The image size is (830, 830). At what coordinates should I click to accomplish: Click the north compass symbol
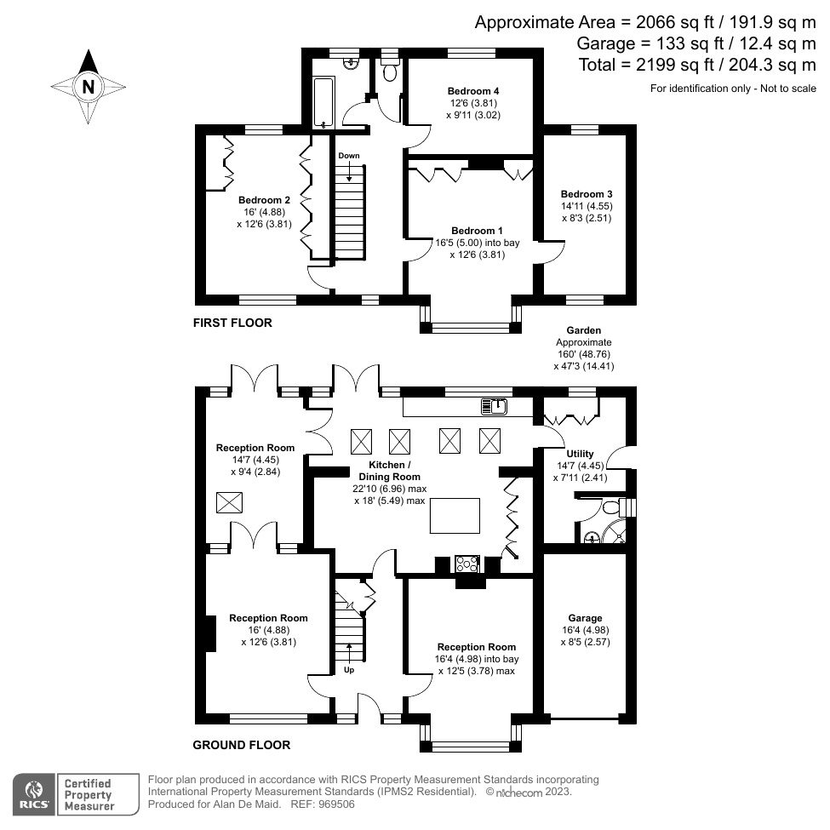[x=88, y=86]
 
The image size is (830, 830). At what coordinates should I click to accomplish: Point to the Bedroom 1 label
[x=477, y=231]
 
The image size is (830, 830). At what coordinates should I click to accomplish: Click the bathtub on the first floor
[x=321, y=101]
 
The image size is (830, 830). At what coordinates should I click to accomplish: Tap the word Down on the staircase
[x=349, y=156]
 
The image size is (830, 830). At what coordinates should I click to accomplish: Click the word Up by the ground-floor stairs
[x=348, y=670]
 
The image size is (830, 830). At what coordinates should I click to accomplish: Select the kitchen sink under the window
[x=494, y=407]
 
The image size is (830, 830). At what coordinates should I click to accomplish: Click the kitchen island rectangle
[x=457, y=517]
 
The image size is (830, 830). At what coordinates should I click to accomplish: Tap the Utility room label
[x=580, y=454]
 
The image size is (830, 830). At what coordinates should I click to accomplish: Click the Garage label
[x=585, y=618]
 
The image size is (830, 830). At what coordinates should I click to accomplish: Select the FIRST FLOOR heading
[x=232, y=323]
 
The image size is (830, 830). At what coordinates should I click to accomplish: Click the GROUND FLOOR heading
[x=241, y=745]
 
